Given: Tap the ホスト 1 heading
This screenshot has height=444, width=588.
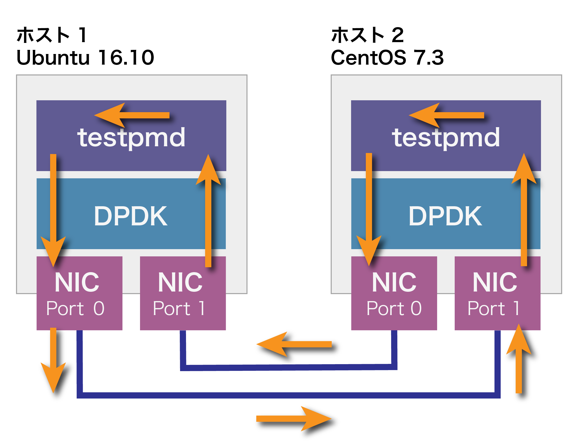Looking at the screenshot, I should pyautogui.click(x=52, y=35).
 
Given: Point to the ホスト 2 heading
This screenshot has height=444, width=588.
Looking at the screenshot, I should pyautogui.click(x=367, y=35).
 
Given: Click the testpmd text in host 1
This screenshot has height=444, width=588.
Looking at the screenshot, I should pyautogui.click(x=131, y=137).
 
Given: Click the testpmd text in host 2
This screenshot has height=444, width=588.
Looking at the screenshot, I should pyautogui.click(x=446, y=137).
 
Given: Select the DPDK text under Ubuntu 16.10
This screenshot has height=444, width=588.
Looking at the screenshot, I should pyautogui.click(x=131, y=216).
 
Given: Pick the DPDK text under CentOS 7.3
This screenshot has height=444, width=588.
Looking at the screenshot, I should pyautogui.click(x=445, y=216).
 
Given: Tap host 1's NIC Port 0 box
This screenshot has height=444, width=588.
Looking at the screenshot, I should pyautogui.click(x=79, y=293).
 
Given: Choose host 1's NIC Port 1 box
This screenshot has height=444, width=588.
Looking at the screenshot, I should pyautogui.click(x=183, y=293).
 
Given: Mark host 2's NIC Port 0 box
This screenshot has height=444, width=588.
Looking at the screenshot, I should pyautogui.click(x=394, y=293).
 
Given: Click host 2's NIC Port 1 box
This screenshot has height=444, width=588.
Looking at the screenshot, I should pyautogui.click(x=497, y=293).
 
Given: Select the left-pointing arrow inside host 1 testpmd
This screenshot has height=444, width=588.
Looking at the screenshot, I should pyautogui.click(x=131, y=115).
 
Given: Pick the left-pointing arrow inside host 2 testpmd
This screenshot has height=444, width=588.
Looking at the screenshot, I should pyautogui.click(x=446, y=115).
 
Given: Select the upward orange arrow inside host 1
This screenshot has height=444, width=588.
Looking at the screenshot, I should pyautogui.click(x=208, y=210).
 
